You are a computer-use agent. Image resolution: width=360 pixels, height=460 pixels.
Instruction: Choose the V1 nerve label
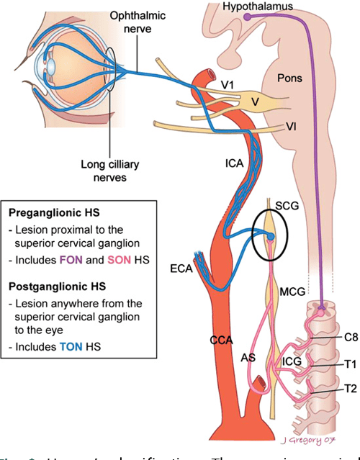[x=228, y=86]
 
